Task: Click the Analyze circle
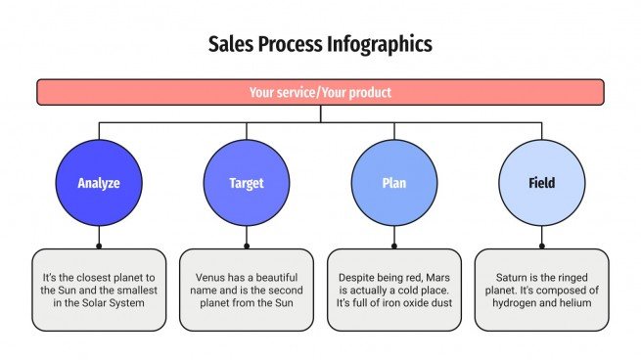(x=98, y=183)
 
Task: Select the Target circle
(x=246, y=183)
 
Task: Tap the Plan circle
(x=393, y=183)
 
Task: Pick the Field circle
(x=541, y=183)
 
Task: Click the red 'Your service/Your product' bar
(x=320, y=93)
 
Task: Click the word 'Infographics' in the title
(x=380, y=44)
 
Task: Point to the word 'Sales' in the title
(x=229, y=44)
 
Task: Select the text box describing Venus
(x=246, y=290)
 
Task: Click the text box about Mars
(x=393, y=290)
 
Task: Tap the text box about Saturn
(x=541, y=290)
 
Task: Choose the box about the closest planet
(x=98, y=290)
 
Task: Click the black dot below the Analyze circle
(x=98, y=246)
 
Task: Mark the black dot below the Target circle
(x=246, y=246)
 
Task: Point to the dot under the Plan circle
(x=393, y=246)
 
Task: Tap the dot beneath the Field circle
(x=541, y=246)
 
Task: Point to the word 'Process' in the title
(x=291, y=44)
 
